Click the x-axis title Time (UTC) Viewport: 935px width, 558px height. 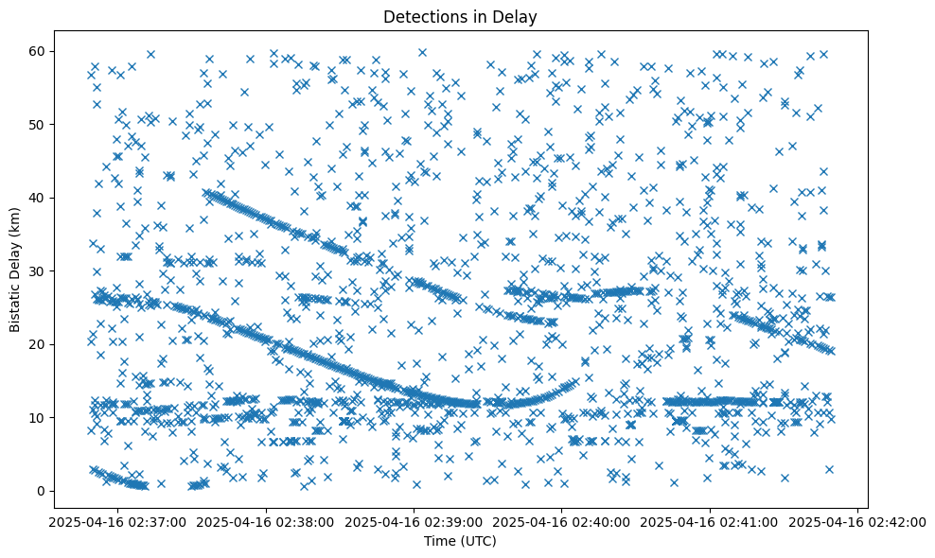[x=460, y=542]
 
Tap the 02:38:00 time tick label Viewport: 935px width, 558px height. [x=265, y=521]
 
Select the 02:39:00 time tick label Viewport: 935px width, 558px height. [x=414, y=521]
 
